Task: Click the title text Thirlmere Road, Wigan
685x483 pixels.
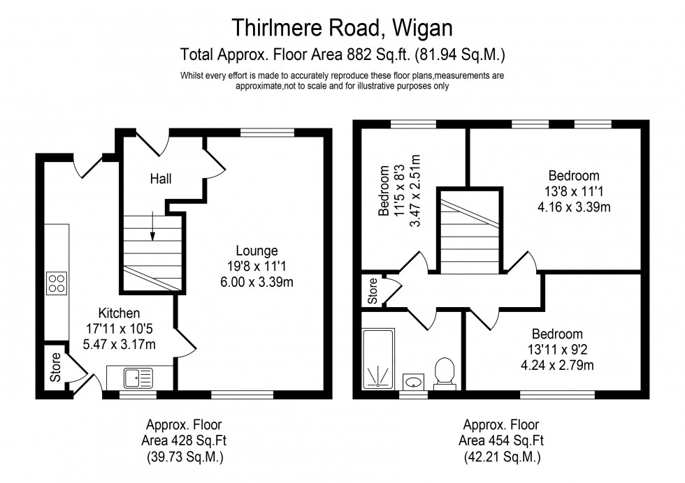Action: point(342,28)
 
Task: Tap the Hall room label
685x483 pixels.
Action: point(161,179)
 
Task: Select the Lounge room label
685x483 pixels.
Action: point(257,251)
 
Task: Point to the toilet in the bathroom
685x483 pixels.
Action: point(444,371)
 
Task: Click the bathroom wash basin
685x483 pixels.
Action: point(414,381)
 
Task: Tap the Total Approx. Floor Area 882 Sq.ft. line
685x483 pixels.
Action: point(342,53)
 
